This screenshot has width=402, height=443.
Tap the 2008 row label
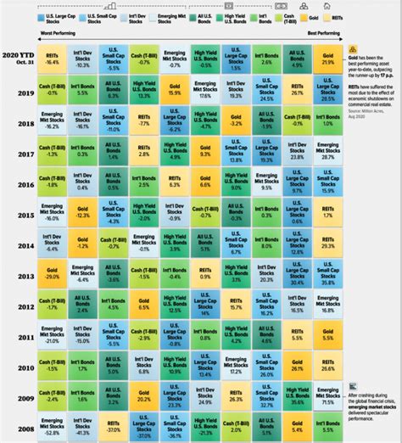(x=24, y=429)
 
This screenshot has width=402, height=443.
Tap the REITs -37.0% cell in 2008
(x=114, y=429)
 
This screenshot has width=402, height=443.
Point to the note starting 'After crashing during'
(x=371, y=407)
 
